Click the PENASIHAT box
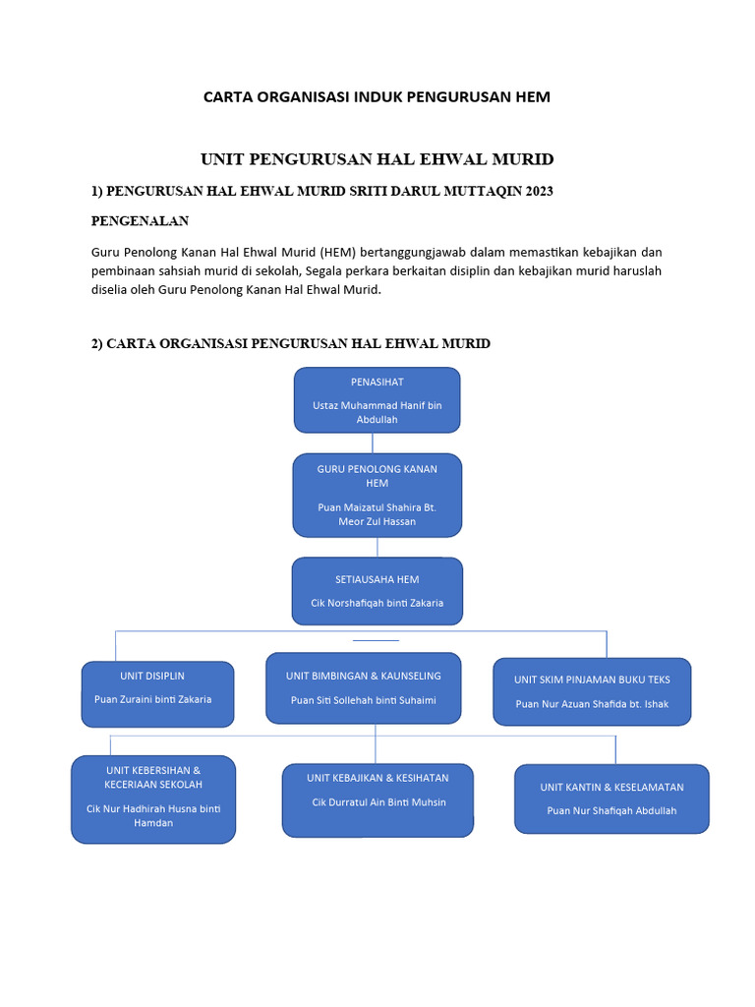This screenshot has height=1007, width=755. pos(377,400)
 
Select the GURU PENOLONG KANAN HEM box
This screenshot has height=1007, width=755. pos(377,496)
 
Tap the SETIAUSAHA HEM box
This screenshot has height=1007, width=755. pos(377,591)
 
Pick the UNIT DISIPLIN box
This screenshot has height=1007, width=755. pos(157,694)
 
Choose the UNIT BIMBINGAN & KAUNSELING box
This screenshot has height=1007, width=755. pos(364,688)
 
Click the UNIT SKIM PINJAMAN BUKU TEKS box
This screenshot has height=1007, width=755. pos(592,691)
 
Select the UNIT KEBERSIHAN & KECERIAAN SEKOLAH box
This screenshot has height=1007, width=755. pos(153,800)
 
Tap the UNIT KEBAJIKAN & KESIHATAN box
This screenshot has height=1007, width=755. pos(378,800)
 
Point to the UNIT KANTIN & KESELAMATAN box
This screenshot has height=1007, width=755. pos(611,799)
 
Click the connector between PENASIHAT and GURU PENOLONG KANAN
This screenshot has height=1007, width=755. pos(373,444)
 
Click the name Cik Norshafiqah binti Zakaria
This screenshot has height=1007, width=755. pos(377,603)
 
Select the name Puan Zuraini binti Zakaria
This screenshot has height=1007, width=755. pos(152,699)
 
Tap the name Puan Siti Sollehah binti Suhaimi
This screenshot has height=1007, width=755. pos(364,700)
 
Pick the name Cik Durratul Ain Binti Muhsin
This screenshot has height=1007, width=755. pos(378,802)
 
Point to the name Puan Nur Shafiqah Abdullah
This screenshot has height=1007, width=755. pos(611,810)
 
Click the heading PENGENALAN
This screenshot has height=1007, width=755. pos(140,221)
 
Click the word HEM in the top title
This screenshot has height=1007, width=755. pos(533,97)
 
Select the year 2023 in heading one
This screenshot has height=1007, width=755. pos(540,191)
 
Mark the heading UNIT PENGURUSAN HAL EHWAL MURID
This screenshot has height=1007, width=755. pos(377,159)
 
